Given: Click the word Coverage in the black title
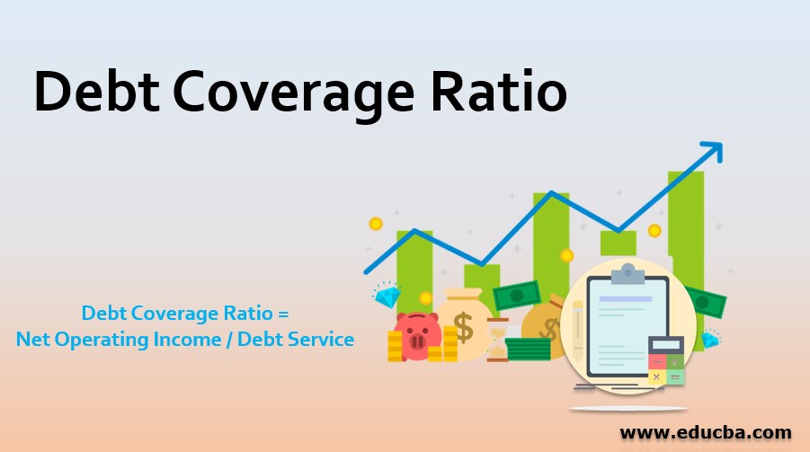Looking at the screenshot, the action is (x=293, y=93).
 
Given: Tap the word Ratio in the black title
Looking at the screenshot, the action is (x=499, y=91).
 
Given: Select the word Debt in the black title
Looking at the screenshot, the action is (x=97, y=91).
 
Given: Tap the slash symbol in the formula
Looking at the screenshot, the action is (x=229, y=340).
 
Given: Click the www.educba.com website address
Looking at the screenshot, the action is (x=706, y=432).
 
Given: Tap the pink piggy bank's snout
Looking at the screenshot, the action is (x=417, y=341).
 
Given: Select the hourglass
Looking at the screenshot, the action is (x=497, y=340).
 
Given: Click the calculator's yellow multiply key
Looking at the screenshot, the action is (x=656, y=377).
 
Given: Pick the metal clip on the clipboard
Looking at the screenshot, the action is (x=628, y=274).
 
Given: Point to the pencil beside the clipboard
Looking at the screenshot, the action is (x=578, y=331).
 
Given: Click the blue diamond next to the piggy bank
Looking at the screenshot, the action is (x=387, y=297).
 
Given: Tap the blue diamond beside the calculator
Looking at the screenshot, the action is (x=710, y=340).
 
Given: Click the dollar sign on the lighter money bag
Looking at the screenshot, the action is (x=463, y=328).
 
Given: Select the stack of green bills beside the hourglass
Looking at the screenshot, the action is (x=528, y=350).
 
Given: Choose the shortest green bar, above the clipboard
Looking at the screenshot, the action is (x=619, y=244).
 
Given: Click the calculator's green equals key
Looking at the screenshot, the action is (x=675, y=377).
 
